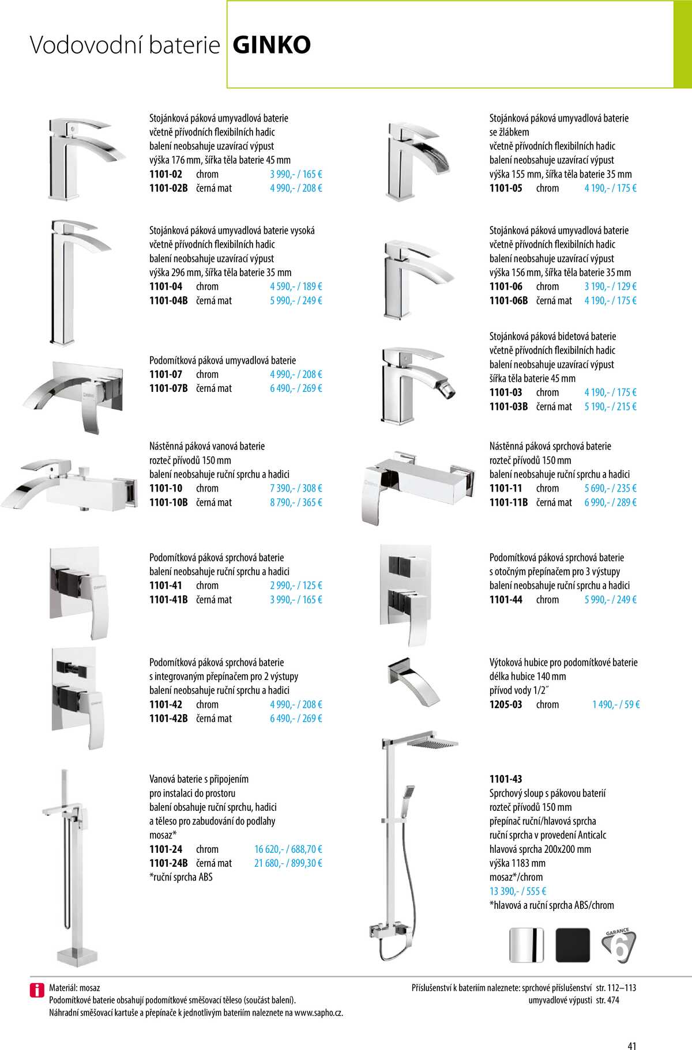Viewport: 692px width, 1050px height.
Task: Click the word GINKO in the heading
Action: (272, 45)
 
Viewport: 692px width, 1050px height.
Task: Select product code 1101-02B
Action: (168, 188)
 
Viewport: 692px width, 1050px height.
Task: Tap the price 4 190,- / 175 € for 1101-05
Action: (610, 188)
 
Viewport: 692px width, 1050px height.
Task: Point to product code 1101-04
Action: (166, 286)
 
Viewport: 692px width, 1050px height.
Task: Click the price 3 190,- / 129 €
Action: (610, 286)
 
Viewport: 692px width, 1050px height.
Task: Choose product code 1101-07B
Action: (168, 388)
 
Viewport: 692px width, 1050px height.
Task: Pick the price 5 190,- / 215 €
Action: (610, 406)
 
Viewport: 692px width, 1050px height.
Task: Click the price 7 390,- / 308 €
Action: (296, 488)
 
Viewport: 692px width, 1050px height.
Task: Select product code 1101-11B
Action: (509, 503)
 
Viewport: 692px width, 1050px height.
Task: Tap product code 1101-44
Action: (506, 599)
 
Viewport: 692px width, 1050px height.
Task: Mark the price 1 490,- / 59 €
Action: (616, 704)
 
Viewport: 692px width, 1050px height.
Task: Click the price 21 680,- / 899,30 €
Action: (288, 863)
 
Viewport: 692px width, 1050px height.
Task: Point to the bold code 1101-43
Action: (506, 779)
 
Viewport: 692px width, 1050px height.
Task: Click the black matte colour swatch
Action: (573, 945)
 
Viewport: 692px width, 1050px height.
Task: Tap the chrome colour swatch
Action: (526, 945)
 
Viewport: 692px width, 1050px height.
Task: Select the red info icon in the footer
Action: (37, 990)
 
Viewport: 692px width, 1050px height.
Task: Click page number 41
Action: (631, 1030)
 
